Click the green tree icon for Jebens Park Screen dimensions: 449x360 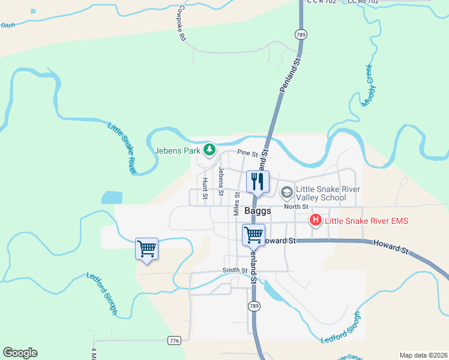(x=209, y=149)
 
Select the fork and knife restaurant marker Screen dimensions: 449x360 (x=258, y=181)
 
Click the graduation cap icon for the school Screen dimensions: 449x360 (x=287, y=192)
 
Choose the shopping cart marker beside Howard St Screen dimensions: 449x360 (x=253, y=234)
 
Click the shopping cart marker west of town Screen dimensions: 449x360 (x=147, y=248)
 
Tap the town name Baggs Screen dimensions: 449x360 (x=258, y=211)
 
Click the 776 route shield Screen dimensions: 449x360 (x=174, y=341)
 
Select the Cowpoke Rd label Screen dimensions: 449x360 (x=182, y=23)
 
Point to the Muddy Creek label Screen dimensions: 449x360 (x=368, y=86)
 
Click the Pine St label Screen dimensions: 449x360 (x=247, y=154)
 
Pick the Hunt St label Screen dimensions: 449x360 (x=205, y=188)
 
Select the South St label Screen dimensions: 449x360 (x=235, y=271)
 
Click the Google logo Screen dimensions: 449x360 (x=20, y=353)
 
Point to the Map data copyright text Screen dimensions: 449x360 (x=424, y=355)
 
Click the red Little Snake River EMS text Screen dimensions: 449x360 (x=366, y=221)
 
